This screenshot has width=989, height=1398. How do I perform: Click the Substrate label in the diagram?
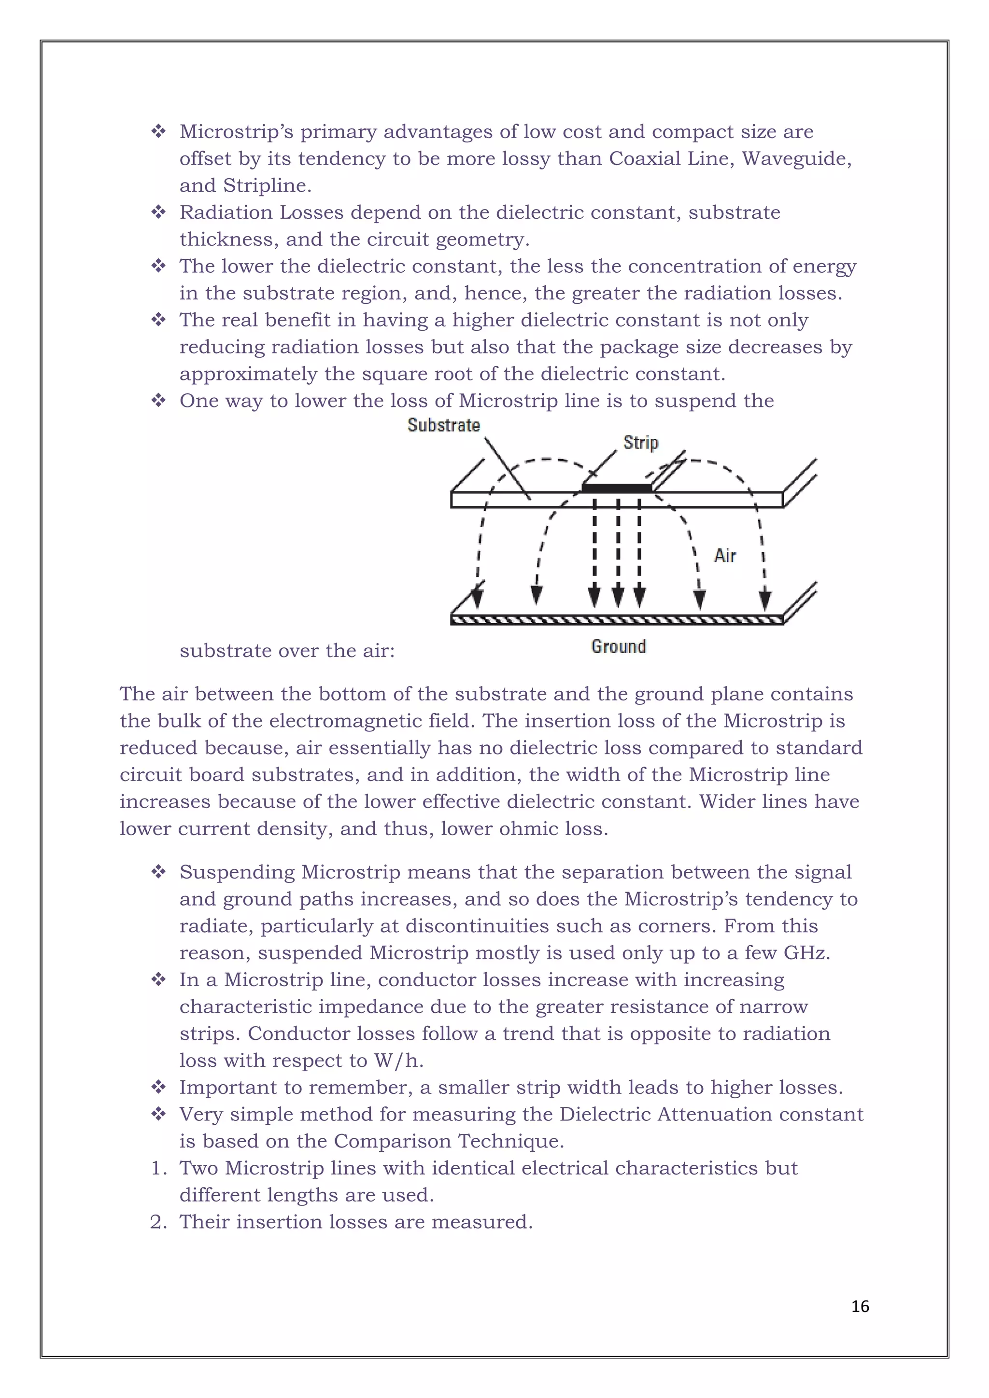click(x=443, y=425)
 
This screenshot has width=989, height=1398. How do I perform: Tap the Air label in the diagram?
click(x=725, y=555)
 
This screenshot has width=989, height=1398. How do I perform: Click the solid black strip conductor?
click(x=616, y=488)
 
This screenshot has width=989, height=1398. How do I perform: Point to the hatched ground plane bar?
click(x=616, y=620)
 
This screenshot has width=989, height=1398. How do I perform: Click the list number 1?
click(x=158, y=1168)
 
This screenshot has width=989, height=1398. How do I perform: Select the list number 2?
click(x=158, y=1221)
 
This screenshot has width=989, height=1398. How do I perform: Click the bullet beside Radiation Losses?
click(x=158, y=212)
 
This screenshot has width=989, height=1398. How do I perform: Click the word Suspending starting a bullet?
click(x=237, y=872)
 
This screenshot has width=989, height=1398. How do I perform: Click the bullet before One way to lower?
click(x=158, y=401)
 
